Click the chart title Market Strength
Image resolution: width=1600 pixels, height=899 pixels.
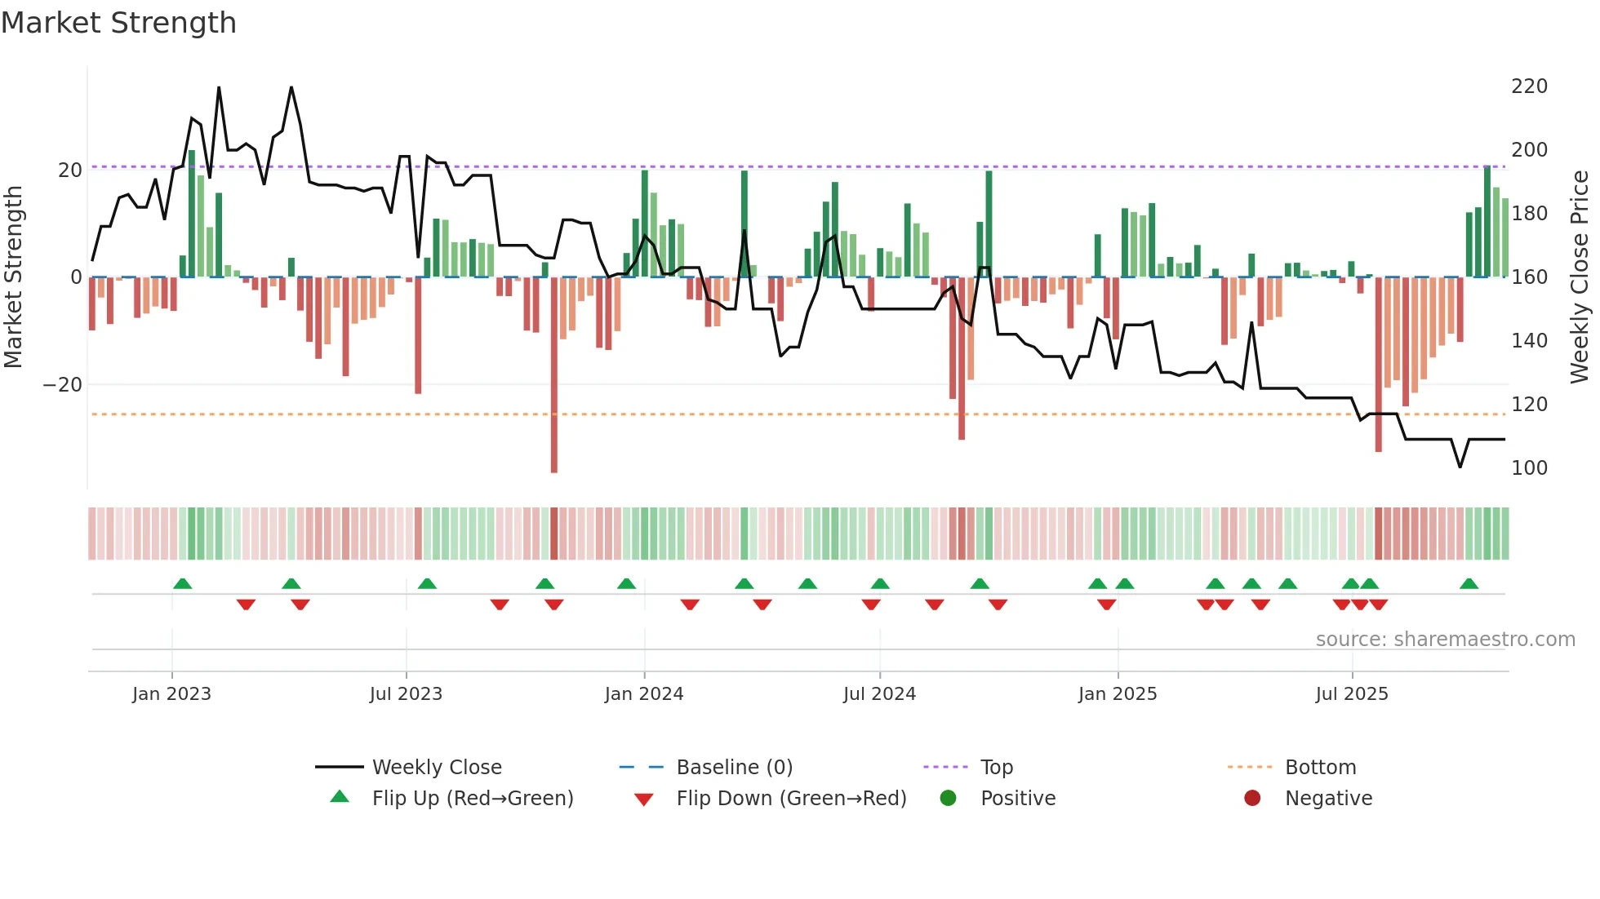click(x=118, y=23)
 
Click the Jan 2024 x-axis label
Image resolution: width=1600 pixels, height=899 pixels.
click(x=643, y=694)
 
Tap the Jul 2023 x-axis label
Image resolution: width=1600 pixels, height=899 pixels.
click(x=406, y=694)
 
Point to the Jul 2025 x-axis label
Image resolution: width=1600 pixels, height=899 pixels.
click(x=1351, y=694)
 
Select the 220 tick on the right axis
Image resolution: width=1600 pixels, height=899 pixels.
click(x=1528, y=86)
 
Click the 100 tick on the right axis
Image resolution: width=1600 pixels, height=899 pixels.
click(x=1528, y=468)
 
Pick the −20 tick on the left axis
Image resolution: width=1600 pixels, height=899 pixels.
click(x=62, y=385)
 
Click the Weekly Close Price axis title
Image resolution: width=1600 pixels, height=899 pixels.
click(x=1580, y=277)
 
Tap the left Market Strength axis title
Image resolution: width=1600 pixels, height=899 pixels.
click(x=14, y=277)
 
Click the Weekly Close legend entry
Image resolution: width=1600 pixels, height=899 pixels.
click(x=436, y=768)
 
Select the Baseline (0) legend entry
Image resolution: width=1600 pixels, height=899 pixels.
click(x=734, y=768)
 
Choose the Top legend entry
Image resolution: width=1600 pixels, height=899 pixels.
click(x=996, y=768)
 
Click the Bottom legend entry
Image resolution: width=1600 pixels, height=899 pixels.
click(x=1319, y=768)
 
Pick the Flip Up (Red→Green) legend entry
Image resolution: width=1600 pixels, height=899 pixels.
click(x=472, y=799)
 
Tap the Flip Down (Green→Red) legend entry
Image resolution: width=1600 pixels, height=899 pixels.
click(x=790, y=799)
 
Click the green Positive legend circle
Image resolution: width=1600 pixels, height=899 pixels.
click(x=948, y=798)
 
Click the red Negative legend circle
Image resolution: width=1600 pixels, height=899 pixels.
click(x=1252, y=798)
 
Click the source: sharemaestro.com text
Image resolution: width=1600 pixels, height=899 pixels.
click(x=1445, y=640)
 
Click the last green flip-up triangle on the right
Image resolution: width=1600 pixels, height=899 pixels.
click(x=1469, y=583)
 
